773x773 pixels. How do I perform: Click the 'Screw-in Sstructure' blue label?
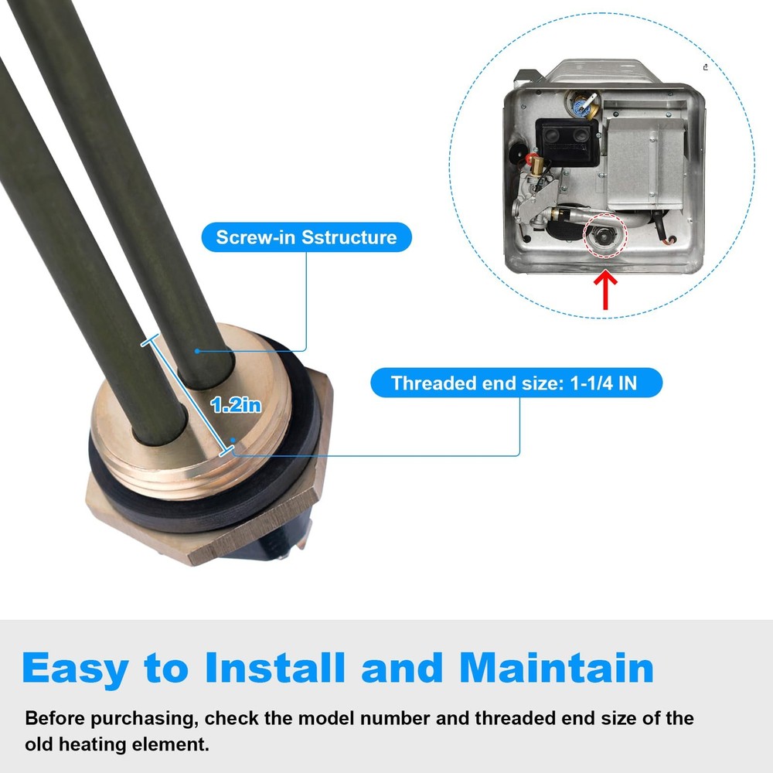[x=306, y=237]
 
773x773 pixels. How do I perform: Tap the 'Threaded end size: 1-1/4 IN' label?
[x=516, y=383]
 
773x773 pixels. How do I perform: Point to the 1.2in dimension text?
[x=236, y=405]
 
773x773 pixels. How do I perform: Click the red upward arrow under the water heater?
[x=606, y=291]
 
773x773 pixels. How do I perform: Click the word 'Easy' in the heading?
[x=76, y=669]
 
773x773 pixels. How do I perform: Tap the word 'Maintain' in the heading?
[x=557, y=668]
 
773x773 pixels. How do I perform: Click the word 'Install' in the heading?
[x=274, y=668]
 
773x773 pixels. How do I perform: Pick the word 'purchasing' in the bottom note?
[x=145, y=718]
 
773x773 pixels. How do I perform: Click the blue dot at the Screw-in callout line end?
[x=197, y=351]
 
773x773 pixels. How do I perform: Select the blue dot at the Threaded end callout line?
[x=233, y=440]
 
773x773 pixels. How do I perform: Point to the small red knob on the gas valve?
[x=532, y=158]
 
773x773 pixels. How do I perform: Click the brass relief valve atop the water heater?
[x=584, y=104]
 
